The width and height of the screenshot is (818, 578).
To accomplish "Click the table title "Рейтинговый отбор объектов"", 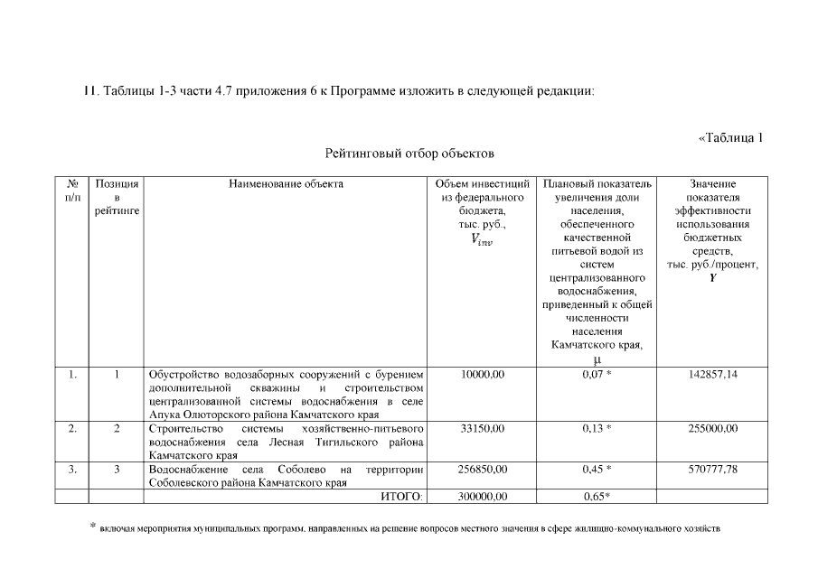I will tap(409, 154).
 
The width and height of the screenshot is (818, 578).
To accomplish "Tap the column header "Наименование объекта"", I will tap(286, 183).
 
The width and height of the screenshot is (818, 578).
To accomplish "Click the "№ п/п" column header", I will tap(71, 190).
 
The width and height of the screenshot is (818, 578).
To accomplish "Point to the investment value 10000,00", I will tap(483, 374).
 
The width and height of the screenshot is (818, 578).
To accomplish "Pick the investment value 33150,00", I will tap(483, 428).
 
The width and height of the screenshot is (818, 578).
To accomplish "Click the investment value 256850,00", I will tap(483, 469).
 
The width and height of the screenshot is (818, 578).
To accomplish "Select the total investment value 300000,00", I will tap(483, 496).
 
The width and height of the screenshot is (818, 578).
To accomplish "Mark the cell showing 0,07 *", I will tap(597, 374).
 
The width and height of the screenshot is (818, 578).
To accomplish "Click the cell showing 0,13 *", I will tap(597, 428).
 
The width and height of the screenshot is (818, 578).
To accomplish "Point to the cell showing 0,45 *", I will tap(597, 469).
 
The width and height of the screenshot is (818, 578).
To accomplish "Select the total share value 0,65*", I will tap(597, 496).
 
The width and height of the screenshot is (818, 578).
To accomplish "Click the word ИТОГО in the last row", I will tap(402, 496).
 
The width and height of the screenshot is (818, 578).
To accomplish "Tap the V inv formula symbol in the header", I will tap(483, 240).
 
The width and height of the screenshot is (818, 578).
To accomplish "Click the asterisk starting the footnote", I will tap(92, 525).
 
